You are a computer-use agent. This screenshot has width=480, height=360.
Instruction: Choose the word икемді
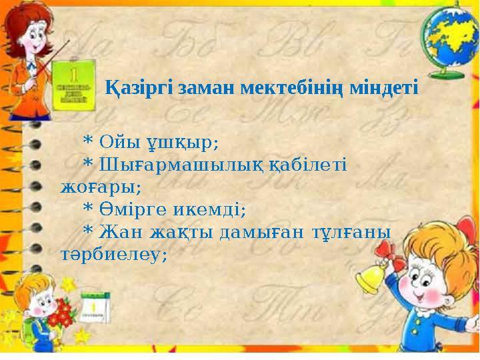[210, 210]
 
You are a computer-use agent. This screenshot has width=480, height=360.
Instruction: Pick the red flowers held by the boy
[63, 310]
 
